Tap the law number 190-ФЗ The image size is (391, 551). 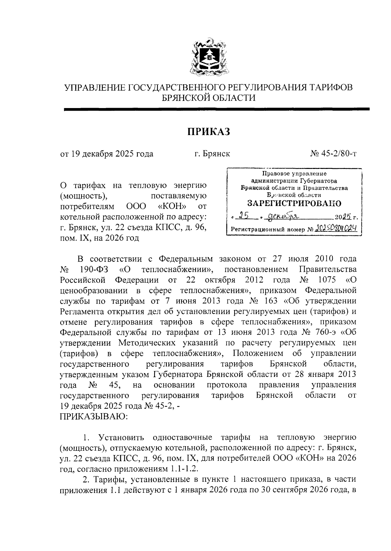coord(94,269)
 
